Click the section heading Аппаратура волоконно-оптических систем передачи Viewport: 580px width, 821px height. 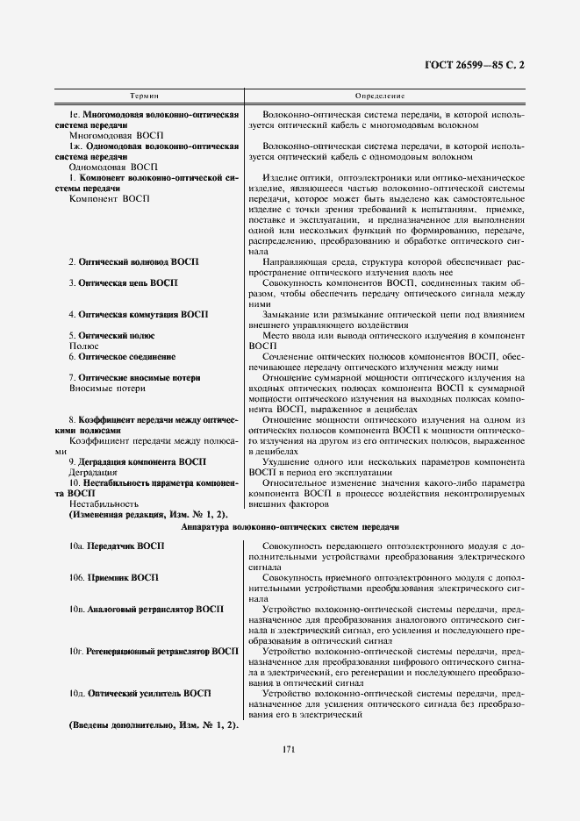point(290,528)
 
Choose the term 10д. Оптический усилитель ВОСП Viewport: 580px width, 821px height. point(140,693)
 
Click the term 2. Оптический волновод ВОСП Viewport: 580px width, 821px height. point(134,262)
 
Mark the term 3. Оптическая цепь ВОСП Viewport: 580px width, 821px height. point(123,283)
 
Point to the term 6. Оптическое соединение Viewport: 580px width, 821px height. point(122,357)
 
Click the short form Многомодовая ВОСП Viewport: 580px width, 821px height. point(110,136)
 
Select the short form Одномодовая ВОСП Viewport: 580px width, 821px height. point(109,167)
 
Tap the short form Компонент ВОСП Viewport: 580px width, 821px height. point(102,198)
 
